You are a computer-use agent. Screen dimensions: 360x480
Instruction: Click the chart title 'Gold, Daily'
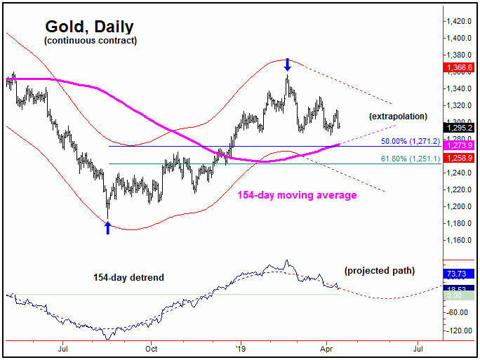point(89,27)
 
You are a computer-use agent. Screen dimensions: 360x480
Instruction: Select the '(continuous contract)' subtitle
point(90,41)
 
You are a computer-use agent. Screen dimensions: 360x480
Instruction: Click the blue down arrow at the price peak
point(287,65)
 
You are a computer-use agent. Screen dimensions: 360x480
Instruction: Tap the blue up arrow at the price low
point(108,227)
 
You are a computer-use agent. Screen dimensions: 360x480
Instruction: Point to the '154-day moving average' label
point(296,195)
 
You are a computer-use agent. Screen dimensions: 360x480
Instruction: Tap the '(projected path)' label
point(379,270)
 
